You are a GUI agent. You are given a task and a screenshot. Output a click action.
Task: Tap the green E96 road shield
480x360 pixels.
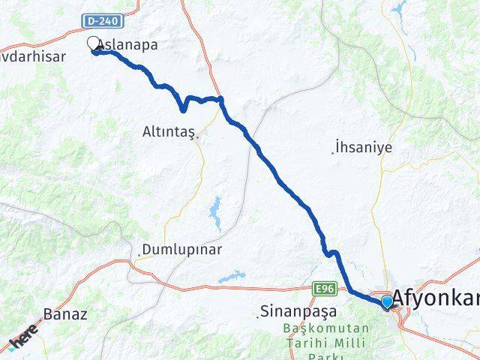click(323, 287)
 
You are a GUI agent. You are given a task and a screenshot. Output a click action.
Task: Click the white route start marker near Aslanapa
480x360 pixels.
click(94, 44)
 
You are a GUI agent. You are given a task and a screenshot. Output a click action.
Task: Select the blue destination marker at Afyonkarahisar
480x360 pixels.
click(387, 301)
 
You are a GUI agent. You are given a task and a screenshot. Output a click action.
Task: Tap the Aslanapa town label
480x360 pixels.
click(129, 45)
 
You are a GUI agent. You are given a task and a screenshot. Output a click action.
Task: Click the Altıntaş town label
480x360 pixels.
click(168, 132)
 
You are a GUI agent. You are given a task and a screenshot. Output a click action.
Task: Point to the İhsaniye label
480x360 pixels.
click(365, 148)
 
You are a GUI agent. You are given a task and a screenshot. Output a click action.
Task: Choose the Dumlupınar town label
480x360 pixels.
click(183, 250)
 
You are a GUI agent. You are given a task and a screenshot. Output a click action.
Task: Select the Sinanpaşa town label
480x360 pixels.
click(298, 310)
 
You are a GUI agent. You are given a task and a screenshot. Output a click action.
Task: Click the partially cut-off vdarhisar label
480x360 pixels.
click(33, 57)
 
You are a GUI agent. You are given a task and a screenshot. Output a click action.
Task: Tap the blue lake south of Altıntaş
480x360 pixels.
click(216, 214)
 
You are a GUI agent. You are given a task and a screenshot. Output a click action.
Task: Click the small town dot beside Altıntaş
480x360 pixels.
click(196, 136)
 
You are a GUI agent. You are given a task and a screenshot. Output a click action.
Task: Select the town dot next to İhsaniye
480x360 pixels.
click(333, 152)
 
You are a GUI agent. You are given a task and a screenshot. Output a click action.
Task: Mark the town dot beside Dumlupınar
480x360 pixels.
click(138, 256)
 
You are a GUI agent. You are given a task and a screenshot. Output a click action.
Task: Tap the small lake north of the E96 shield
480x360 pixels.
click(230, 277)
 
